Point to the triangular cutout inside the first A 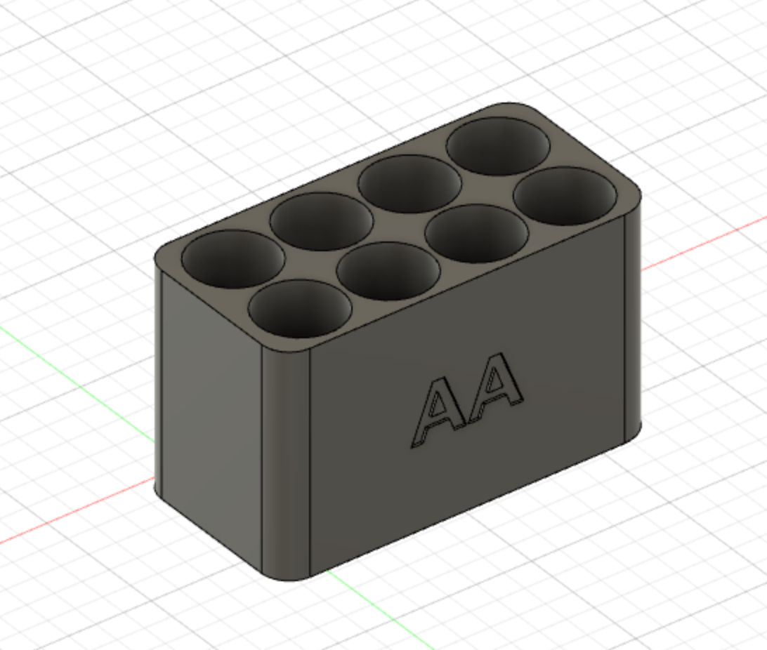pyautogui.click(x=438, y=406)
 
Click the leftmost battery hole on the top pyautogui.click(x=233, y=259)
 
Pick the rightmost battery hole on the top pyautogui.click(x=565, y=196)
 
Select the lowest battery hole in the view pyautogui.click(x=300, y=308)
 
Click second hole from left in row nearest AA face pyautogui.click(x=388, y=271)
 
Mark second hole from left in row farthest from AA pyautogui.click(x=321, y=221)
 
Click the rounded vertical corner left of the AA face pyautogui.click(x=286, y=463)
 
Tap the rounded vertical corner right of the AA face pyautogui.click(x=633, y=323)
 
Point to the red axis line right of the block pyautogui.click(x=702, y=243)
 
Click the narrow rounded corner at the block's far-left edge pyautogui.click(x=158, y=379)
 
